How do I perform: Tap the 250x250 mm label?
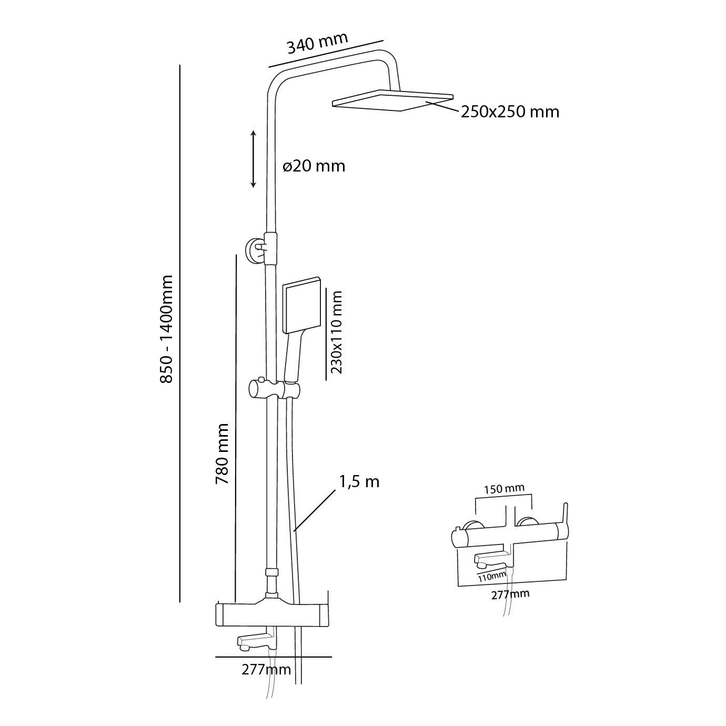[510, 112]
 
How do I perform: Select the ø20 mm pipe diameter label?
[314, 166]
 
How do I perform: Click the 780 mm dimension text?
[222, 454]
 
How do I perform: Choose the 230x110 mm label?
[337, 332]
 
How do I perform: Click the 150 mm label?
[504, 488]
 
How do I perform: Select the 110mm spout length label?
[492, 577]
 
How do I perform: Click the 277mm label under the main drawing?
[266, 670]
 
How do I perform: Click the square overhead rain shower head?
[392, 100]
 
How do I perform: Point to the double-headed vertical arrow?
[253, 159]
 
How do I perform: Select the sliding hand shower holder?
[274, 390]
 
